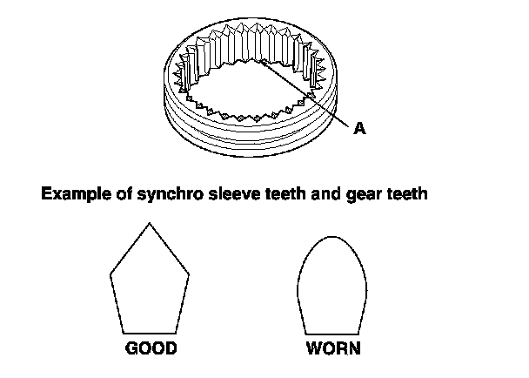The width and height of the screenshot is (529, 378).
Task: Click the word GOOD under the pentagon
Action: tap(151, 349)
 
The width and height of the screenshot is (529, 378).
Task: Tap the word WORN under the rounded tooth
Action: tap(333, 349)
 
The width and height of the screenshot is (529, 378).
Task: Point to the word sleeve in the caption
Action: tap(230, 194)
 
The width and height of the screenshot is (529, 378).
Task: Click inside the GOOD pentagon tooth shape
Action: tap(151, 283)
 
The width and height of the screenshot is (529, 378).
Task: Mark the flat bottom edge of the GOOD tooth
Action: tap(151, 331)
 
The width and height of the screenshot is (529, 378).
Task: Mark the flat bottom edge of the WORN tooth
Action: tap(333, 331)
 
